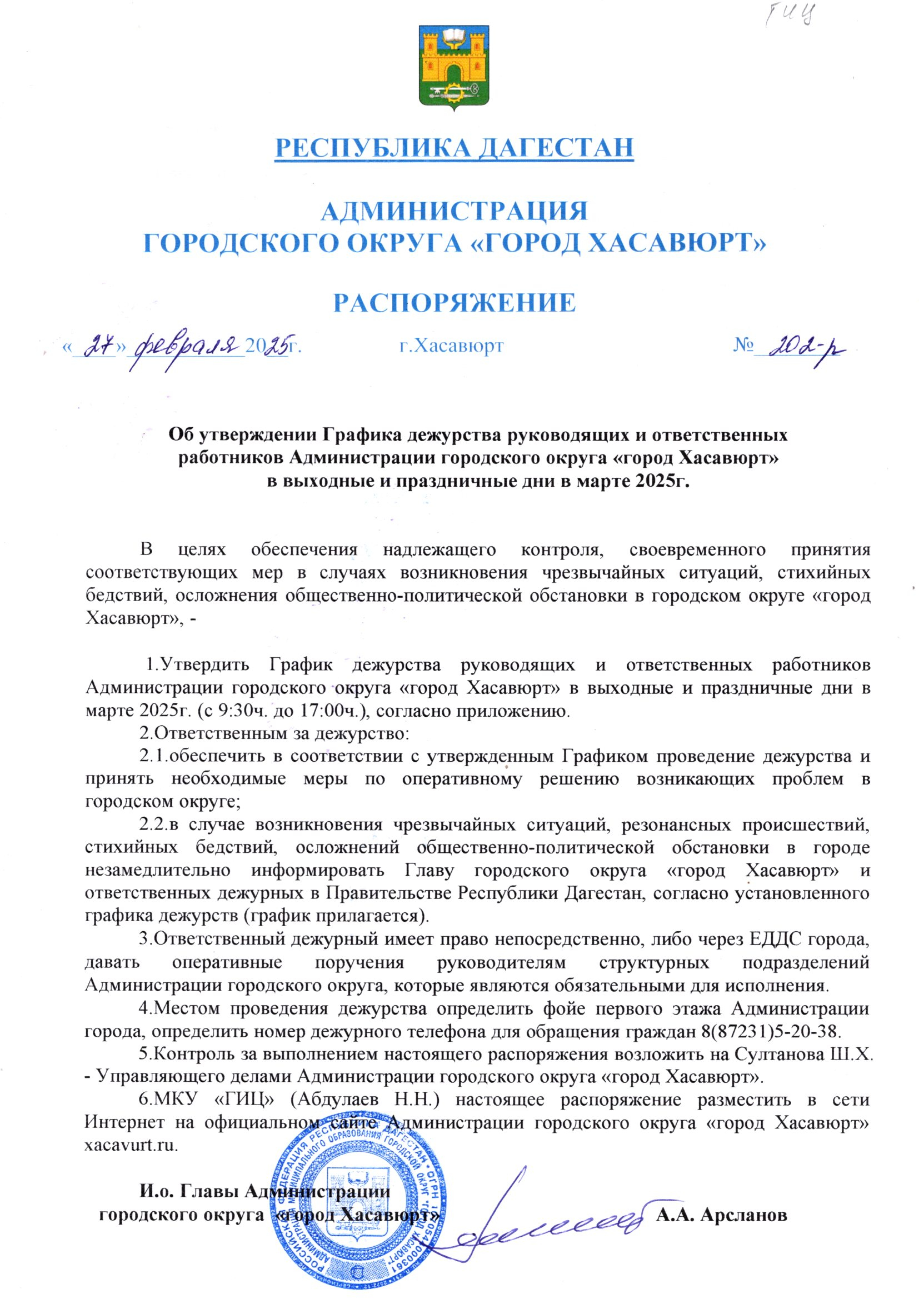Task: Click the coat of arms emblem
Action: click(454, 68)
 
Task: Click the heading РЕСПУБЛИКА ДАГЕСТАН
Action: click(454, 147)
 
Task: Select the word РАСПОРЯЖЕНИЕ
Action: click(454, 303)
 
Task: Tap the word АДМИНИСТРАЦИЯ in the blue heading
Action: click(454, 211)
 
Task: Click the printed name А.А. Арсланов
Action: click(722, 1214)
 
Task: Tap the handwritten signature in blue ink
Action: click(543, 1222)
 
